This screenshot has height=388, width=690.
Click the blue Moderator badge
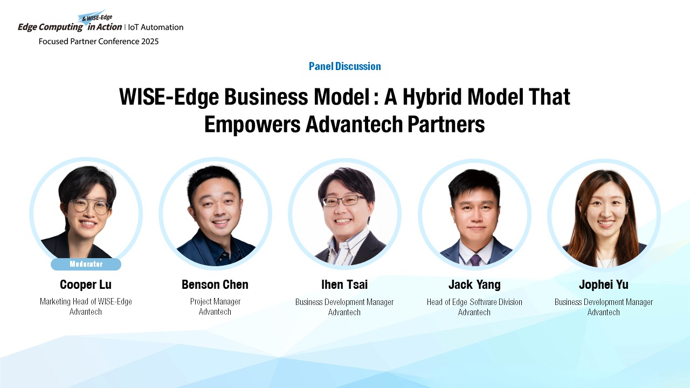(86, 264)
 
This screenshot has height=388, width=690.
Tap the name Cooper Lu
(86, 285)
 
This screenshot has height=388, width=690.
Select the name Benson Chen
(215, 285)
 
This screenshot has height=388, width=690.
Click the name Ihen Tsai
(344, 285)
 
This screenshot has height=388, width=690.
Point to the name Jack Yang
(474, 285)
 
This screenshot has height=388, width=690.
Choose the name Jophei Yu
(603, 285)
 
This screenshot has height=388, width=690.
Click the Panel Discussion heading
(344, 66)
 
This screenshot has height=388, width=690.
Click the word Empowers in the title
(252, 124)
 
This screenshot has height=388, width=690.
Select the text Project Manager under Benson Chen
(215, 301)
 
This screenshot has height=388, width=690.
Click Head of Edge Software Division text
(474, 302)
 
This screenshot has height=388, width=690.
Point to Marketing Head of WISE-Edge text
(86, 301)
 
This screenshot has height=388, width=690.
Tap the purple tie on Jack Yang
(475, 260)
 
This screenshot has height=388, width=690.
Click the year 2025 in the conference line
(150, 41)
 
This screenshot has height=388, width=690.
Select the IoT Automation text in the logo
(156, 27)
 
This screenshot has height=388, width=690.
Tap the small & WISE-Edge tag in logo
(97, 18)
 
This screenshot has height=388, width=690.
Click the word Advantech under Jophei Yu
(603, 312)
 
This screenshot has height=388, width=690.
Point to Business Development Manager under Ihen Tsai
(344, 302)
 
